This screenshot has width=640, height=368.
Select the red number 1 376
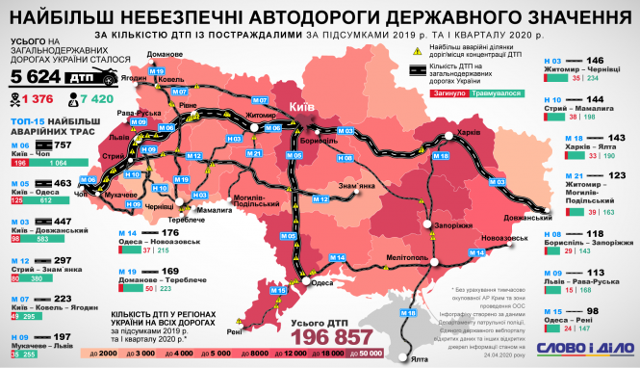[37, 100]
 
